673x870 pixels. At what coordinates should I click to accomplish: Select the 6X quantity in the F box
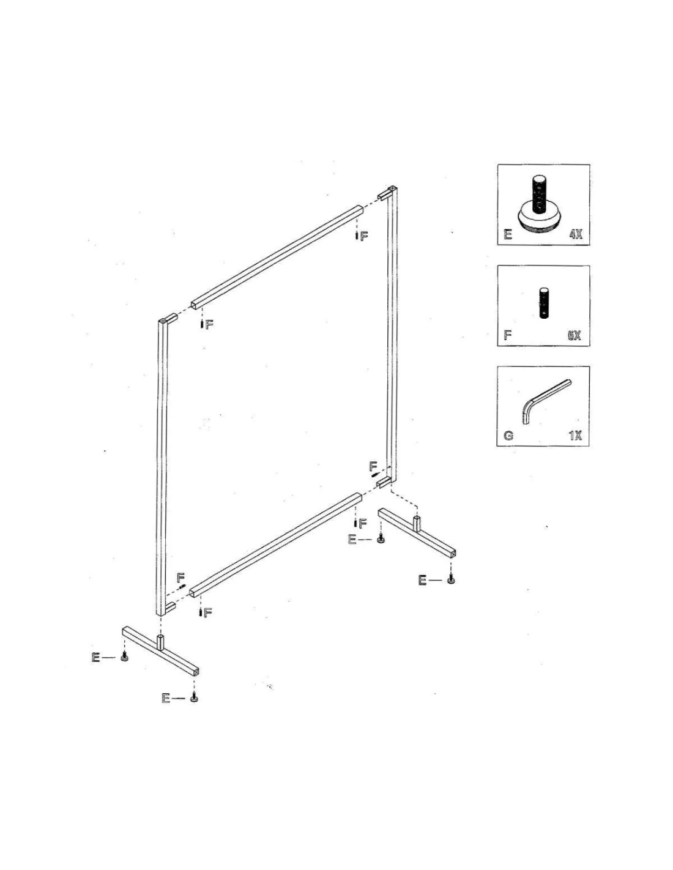[574, 335]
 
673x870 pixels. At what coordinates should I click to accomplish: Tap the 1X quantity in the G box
[575, 436]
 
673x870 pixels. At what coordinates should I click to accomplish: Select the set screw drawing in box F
[544, 303]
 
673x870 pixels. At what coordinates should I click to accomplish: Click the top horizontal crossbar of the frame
[277, 257]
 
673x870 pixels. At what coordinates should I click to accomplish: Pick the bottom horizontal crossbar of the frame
[277, 545]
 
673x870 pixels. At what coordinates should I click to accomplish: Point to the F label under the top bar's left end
[209, 325]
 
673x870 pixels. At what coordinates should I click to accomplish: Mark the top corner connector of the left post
[168, 319]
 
